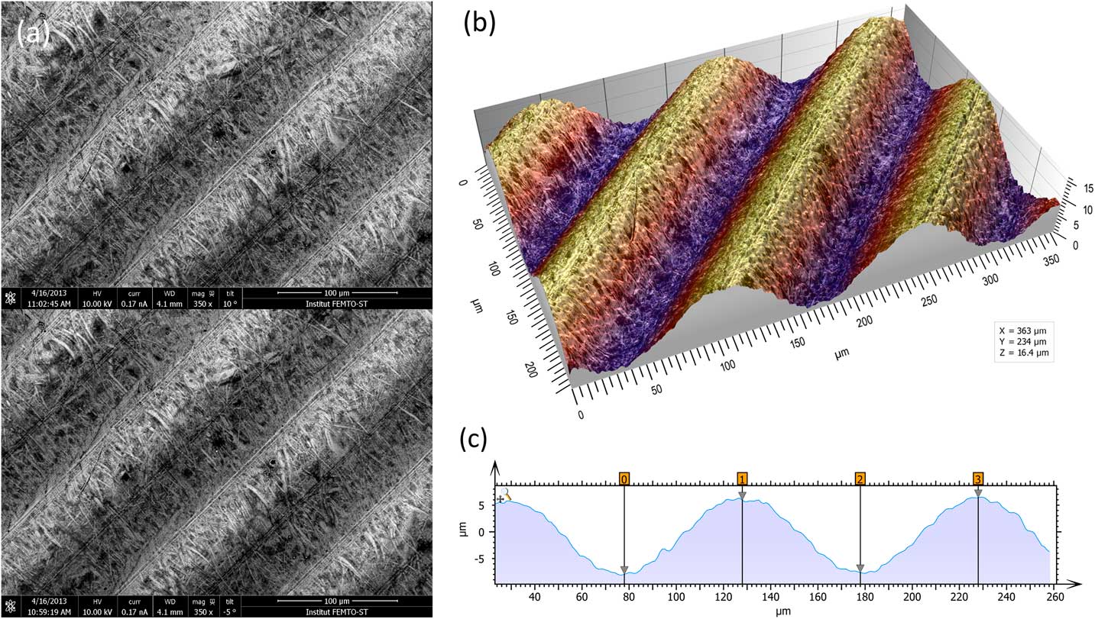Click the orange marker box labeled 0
tap(624, 479)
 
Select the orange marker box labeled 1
tap(742, 479)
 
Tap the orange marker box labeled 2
tap(860, 479)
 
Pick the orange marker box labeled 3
tap(978, 479)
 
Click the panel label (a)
tap(33, 31)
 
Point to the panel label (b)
tap(480, 24)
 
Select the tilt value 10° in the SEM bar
tap(229, 303)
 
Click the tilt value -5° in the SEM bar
tap(229, 611)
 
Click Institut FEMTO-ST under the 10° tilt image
tap(335, 303)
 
